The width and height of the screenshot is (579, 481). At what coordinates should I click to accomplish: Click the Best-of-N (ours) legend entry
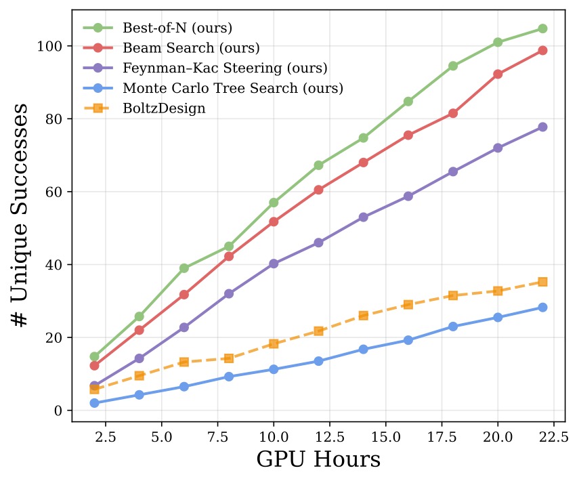click(x=177, y=28)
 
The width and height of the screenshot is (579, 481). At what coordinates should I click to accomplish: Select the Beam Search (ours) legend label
click(x=191, y=48)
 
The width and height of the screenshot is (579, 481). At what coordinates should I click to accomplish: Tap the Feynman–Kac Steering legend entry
click(x=225, y=68)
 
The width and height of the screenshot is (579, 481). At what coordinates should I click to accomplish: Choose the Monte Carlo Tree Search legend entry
click(x=233, y=88)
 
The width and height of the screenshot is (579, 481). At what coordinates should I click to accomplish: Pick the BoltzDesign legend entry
click(x=164, y=108)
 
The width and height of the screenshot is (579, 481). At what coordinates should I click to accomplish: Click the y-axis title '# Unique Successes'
click(x=22, y=215)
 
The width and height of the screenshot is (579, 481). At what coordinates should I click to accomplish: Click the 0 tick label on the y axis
click(x=58, y=411)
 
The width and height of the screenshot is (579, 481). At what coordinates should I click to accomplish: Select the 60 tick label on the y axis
click(x=55, y=192)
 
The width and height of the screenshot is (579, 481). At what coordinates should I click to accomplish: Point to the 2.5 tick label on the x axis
click(x=105, y=437)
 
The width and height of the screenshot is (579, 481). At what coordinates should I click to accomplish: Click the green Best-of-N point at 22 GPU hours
click(x=542, y=28)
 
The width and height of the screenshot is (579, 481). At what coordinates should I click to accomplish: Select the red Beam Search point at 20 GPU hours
click(x=498, y=74)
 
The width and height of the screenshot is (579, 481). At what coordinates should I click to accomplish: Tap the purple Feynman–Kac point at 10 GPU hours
click(x=274, y=264)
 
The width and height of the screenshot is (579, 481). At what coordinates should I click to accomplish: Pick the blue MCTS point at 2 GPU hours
click(x=94, y=403)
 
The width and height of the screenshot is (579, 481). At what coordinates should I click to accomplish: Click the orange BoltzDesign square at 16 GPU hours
click(x=408, y=305)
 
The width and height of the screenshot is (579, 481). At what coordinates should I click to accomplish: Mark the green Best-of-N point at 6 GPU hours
click(x=184, y=268)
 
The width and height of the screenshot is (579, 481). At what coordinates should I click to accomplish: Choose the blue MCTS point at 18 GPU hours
click(x=453, y=327)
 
